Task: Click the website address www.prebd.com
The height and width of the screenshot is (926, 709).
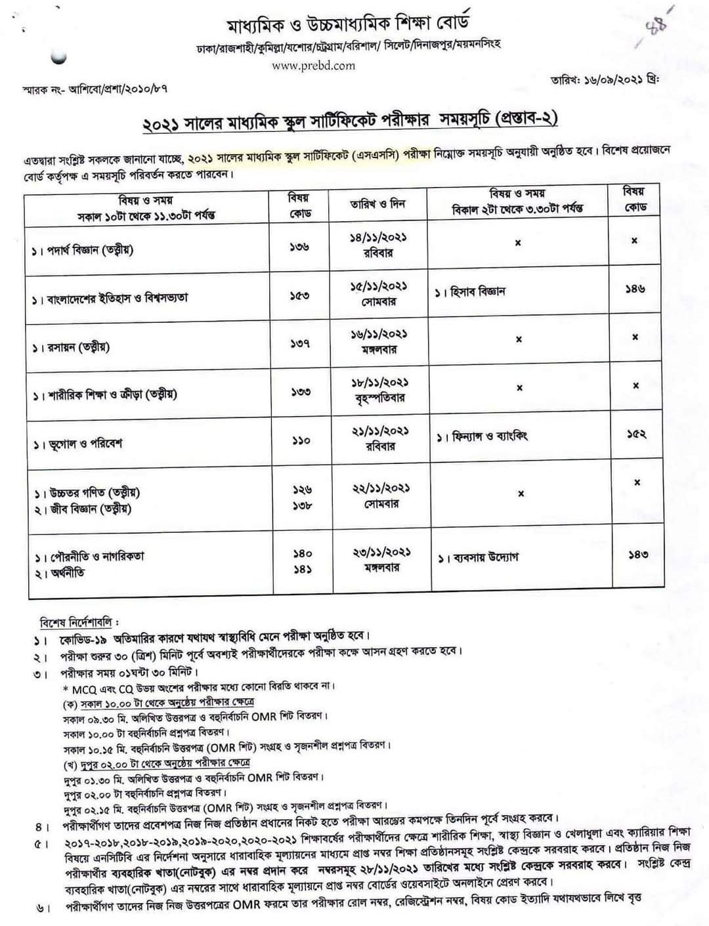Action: [x=313, y=65]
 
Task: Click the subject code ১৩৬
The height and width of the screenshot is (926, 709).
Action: [x=299, y=247]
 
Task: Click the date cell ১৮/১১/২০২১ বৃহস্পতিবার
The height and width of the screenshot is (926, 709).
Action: [x=378, y=389]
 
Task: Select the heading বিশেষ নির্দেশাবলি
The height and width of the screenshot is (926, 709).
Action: [x=79, y=620]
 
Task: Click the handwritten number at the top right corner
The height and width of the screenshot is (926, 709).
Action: [x=656, y=26]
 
